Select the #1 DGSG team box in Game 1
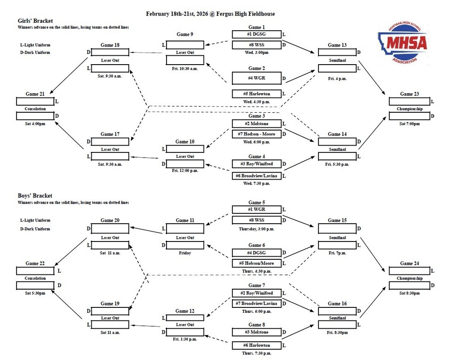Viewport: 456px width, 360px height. coord(256,34)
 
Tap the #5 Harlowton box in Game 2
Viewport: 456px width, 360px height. coord(256,94)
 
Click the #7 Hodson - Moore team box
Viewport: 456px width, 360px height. coord(256,134)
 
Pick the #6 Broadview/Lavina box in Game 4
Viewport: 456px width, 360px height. coord(256,176)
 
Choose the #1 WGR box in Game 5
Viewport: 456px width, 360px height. coord(256,209)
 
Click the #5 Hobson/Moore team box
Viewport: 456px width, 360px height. coord(256,263)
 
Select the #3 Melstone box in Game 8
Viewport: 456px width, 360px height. coord(256,332)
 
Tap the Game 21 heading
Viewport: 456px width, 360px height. coord(35,94)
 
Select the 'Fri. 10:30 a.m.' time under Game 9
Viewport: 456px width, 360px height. coord(185,69)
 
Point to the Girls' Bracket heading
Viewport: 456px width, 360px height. coord(35,20)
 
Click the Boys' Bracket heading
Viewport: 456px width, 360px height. coord(35,196)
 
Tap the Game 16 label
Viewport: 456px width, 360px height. coord(337,303)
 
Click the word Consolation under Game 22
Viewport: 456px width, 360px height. coord(35,278)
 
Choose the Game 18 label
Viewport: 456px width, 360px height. coord(110,45)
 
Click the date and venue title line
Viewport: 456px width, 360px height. coord(210,14)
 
